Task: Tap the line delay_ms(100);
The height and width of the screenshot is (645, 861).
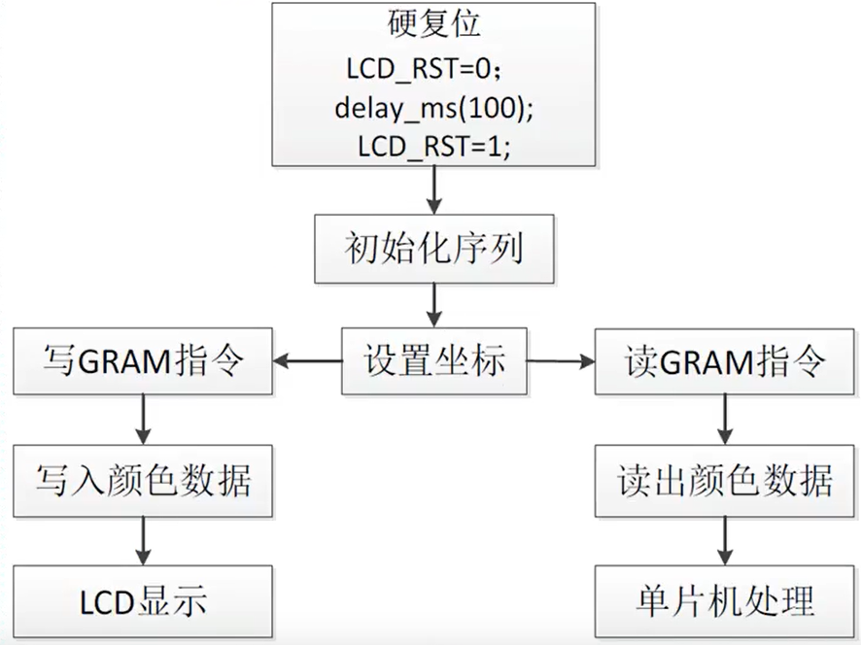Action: (433, 110)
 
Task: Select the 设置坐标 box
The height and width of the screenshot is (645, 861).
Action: (433, 361)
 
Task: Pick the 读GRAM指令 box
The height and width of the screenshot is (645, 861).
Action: (723, 361)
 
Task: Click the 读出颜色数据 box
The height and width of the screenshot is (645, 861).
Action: (723, 481)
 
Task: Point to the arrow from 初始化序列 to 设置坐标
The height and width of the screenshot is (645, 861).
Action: (434, 306)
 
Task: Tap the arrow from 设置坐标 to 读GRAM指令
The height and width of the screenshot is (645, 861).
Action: (561, 362)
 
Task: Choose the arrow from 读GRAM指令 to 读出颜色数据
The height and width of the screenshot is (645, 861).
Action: (723, 420)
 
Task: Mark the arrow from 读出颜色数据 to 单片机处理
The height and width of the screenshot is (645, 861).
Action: (723, 540)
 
